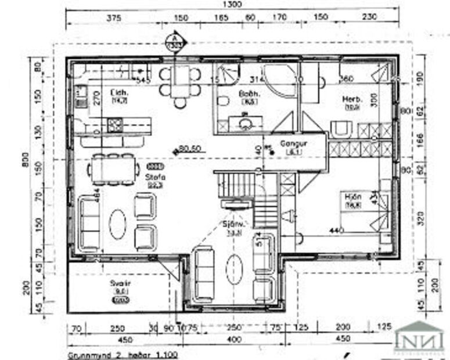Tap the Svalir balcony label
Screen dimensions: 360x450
pos(121,284)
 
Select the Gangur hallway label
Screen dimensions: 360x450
pos(293,143)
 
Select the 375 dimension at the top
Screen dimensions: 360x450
pos(114,18)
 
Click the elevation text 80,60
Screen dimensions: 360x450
pos(189,148)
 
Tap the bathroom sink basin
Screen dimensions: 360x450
pos(245,122)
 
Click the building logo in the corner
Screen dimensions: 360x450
pos(419,337)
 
